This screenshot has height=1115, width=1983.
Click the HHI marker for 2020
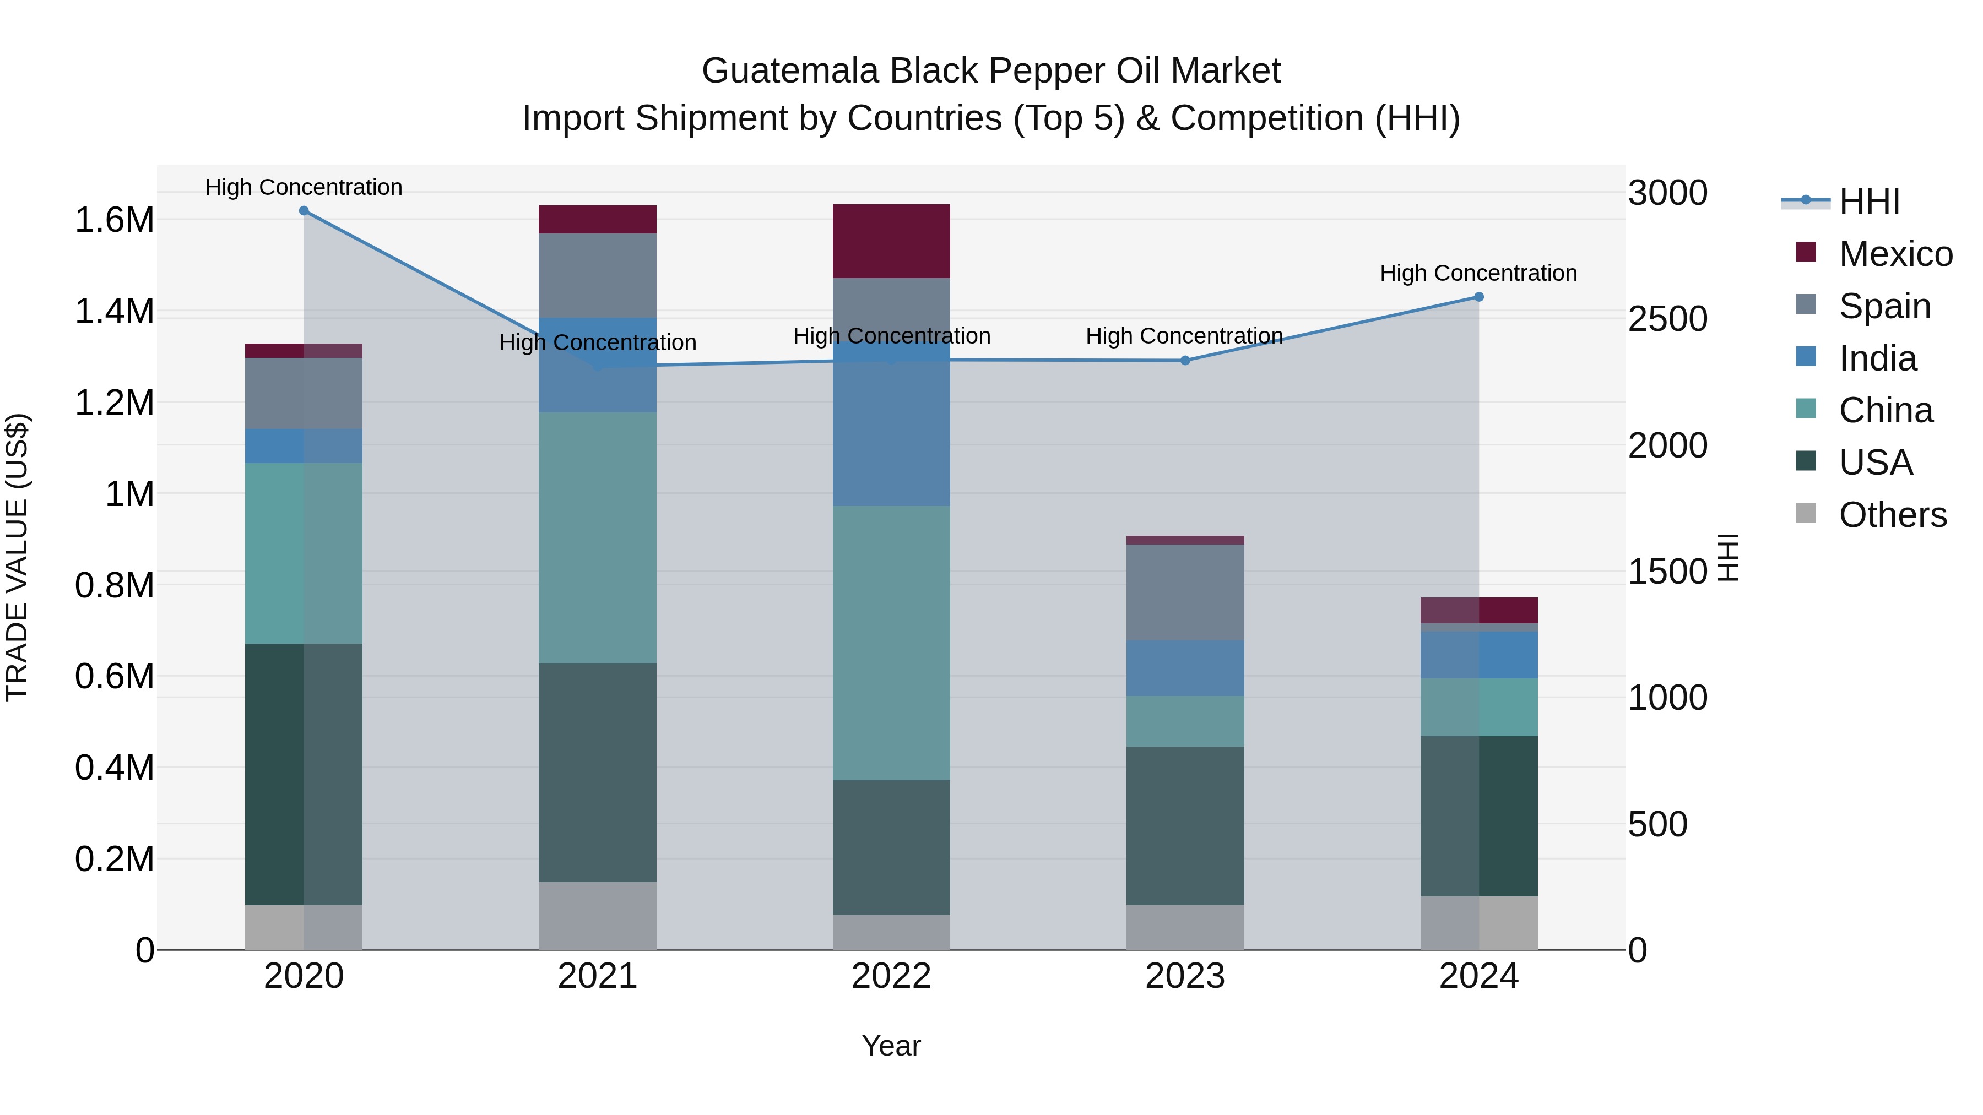tap(304, 211)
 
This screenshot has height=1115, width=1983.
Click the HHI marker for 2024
tap(1479, 297)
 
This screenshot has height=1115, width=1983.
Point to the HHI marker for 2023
tap(1185, 360)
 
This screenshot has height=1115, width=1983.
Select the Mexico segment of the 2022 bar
tap(891, 241)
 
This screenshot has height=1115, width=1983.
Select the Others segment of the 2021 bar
tap(597, 916)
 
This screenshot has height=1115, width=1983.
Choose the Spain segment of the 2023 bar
tap(1185, 592)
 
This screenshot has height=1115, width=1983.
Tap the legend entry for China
tap(1886, 410)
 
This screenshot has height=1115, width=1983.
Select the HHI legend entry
tap(1869, 202)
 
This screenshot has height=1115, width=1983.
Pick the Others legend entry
tap(1892, 515)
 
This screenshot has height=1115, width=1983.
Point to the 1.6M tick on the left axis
tap(114, 220)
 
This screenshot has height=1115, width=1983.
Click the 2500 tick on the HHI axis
tap(1667, 319)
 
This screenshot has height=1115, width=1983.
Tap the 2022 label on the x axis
tap(891, 976)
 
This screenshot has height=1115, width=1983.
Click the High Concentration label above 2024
tap(1478, 273)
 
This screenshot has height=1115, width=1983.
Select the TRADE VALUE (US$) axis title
tap(17, 557)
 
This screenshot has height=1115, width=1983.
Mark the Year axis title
tap(891, 1046)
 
